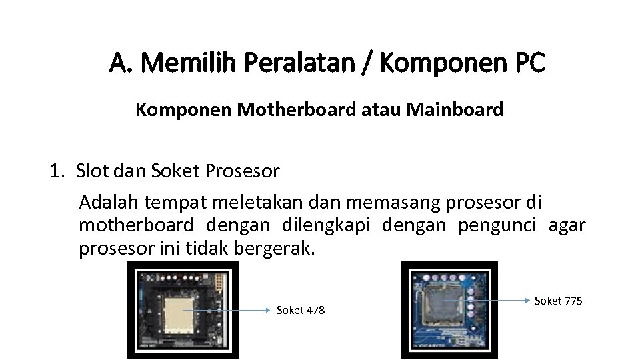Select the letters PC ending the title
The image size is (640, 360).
(x=530, y=64)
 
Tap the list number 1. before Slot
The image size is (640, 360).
(x=58, y=171)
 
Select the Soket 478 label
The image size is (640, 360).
(x=301, y=310)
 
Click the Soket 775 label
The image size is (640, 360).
(x=559, y=301)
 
